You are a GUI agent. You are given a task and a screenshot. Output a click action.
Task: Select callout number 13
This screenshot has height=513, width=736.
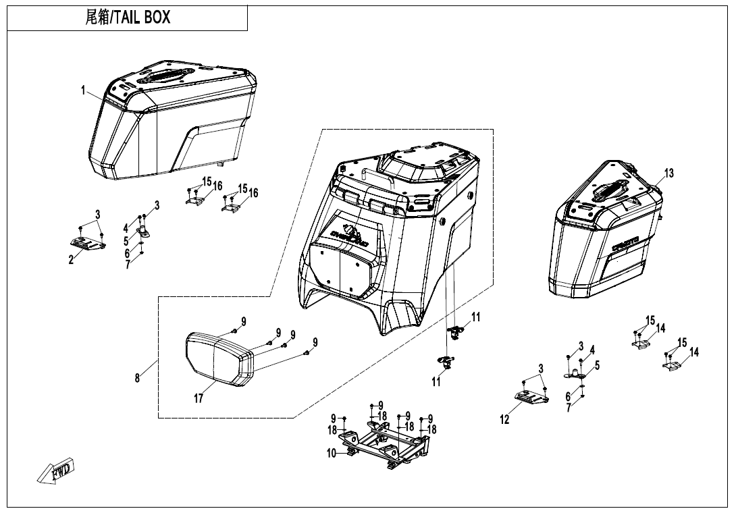pyautogui.click(x=668, y=173)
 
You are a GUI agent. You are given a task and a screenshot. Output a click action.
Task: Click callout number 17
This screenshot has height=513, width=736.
pyautogui.click(x=199, y=399)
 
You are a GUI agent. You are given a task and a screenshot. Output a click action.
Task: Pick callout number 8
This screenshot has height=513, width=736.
pyautogui.click(x=138, y=378)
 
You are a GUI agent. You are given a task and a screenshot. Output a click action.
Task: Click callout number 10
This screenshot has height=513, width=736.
pyautogui.click(x=332, y=454)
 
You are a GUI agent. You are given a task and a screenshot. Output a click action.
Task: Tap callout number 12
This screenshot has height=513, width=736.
pyautogui.click(x=505, y=420)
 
